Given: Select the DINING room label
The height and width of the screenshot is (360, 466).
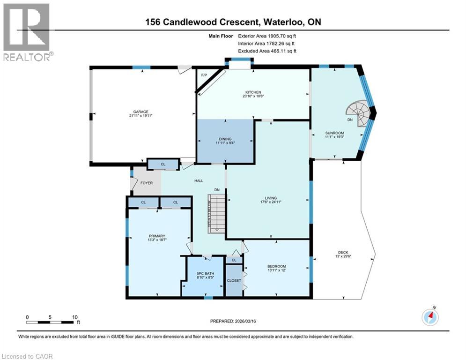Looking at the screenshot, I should [225, 139].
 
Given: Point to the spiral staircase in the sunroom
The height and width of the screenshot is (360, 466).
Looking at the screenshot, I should [357, 114].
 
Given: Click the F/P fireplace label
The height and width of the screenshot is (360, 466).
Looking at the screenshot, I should [204, 75].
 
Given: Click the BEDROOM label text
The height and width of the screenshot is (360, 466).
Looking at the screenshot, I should [277, 266].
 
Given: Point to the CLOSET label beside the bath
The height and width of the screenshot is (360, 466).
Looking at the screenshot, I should [234, 280].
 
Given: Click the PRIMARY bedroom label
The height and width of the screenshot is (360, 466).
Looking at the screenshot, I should [157, 236].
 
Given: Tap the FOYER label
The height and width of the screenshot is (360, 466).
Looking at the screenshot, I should [147, 183].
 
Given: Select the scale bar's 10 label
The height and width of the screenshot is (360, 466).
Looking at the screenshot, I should [74, 317].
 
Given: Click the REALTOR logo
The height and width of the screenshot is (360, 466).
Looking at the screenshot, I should [27, 32].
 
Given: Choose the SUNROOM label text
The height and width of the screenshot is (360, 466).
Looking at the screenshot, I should [334, 133].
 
